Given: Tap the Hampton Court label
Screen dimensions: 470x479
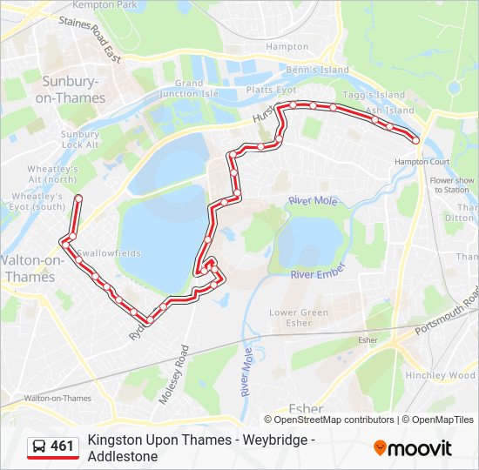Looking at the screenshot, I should point(422,162).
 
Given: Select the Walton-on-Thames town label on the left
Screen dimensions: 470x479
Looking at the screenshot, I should point(29,268).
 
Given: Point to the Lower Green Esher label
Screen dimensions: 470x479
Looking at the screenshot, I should point(299,318).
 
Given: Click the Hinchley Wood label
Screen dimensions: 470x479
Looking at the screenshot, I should point(440,375).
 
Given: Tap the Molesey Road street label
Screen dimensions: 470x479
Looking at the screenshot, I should point(172,373).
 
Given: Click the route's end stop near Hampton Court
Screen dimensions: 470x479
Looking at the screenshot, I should point(415,140).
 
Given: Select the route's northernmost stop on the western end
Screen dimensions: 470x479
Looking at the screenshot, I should point(78,199).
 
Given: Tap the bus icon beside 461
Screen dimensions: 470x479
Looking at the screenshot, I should point(38,447).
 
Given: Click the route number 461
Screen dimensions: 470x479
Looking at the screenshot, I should point(63,446).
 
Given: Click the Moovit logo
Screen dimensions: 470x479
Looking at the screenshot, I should point(413,448).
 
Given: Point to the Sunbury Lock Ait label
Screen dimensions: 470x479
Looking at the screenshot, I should point(80,139).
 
